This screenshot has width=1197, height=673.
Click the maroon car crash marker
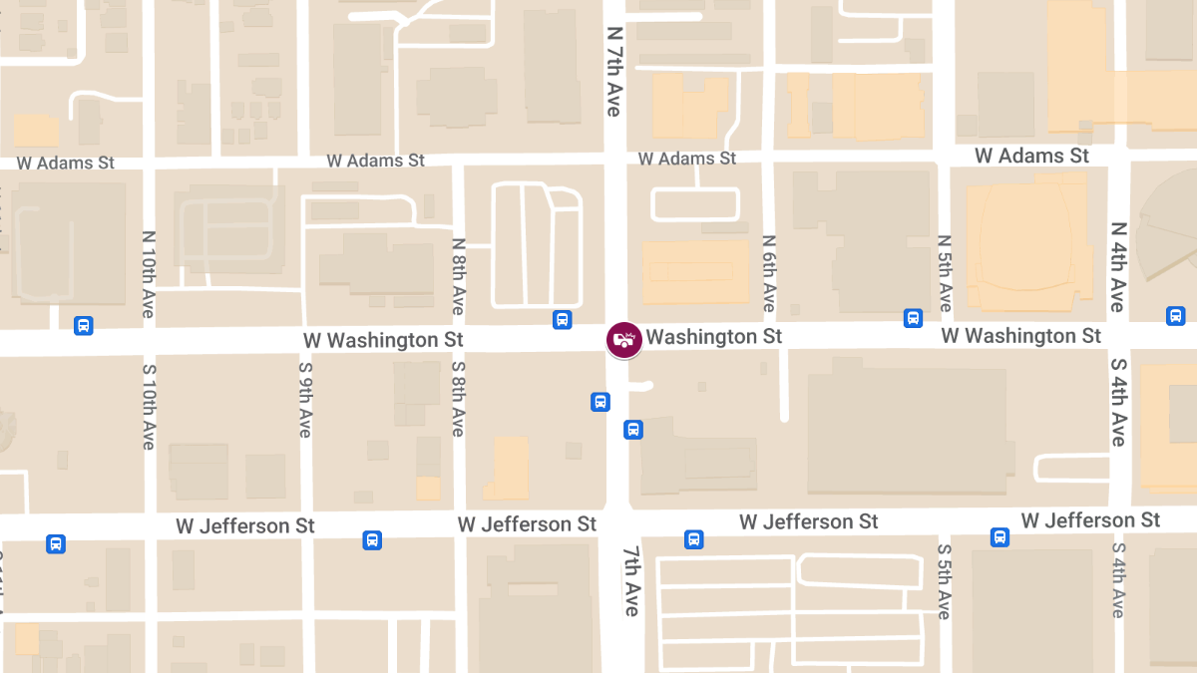tap(624, 340)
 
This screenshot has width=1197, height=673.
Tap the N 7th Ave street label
tap(613, 71)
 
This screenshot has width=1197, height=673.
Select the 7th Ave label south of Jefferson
tap(631, 580)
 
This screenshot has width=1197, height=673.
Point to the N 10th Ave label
tap(148, 274)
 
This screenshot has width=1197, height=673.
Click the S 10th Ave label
tap(148, 405)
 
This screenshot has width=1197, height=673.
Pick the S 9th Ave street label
tap(305, 399)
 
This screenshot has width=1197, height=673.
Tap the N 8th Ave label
tap(458, 276)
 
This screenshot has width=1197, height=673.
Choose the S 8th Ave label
tap(458, 398)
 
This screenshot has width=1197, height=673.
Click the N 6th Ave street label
tap(768, 273)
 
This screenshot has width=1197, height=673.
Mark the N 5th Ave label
tap(945, 273)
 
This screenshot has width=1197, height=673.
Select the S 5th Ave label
tap(945, 581)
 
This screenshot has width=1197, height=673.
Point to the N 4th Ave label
tap(1118, 266)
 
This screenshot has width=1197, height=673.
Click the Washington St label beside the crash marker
tap(714, 337)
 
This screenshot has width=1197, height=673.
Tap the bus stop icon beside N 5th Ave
tap(913, 318)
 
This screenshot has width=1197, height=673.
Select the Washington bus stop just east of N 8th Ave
tap(563, 319)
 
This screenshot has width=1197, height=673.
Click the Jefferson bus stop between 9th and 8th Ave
tap(372, 539)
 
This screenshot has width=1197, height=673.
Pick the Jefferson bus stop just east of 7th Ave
tap(693, 539)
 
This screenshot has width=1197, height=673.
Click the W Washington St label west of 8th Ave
tap(384, 340)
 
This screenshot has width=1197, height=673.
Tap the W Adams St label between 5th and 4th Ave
tap(1032, 156)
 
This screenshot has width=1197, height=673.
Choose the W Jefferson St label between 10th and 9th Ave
tap(245, 525)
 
